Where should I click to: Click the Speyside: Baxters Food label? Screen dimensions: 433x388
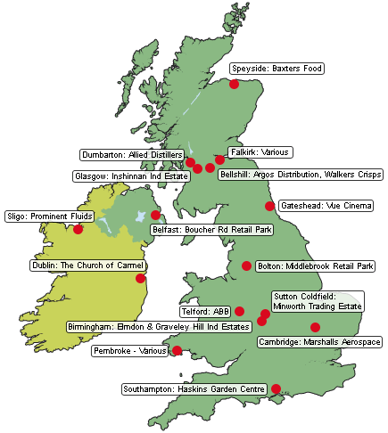[x=277, y=68]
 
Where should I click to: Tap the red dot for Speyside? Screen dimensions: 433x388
[x=234, y=84]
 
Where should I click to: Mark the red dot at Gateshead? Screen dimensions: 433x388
[x=270, y=206]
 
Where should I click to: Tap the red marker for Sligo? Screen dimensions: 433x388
[x=78, y=229]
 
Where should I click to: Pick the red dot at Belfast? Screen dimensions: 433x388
[x=156, y=215]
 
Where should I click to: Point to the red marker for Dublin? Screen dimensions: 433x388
[x=141, y=279]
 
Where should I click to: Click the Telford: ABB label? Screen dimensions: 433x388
[x=206, y=311]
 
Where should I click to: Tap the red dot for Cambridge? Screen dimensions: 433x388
[x=315, y=327]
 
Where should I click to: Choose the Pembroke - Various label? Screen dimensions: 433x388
[x=130, y=350]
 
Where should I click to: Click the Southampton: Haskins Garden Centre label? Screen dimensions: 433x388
[x=194, y=388]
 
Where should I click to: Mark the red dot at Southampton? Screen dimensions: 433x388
[x=277, y=388]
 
